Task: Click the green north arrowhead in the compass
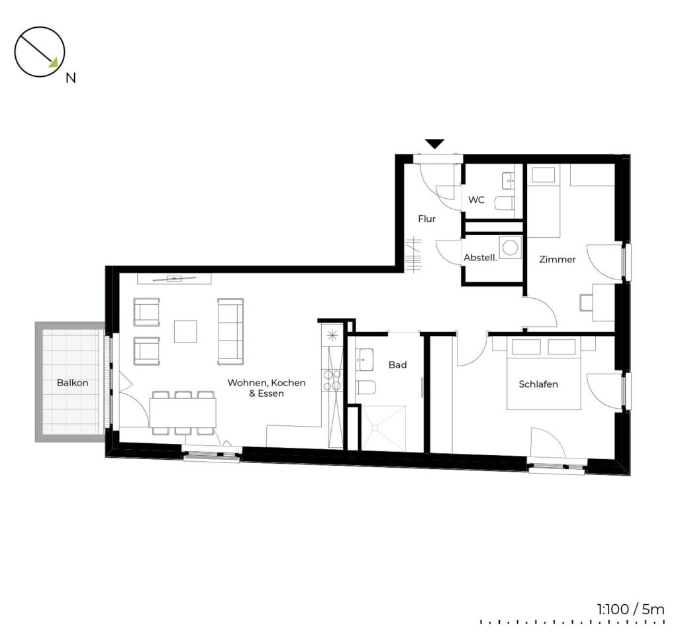(53, 63)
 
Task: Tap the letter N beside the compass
(70, 78)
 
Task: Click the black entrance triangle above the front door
(434, 144)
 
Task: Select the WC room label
(476, 200)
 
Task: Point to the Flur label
(426, 219)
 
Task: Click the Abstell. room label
(480, 258)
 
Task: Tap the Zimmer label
(557, 259)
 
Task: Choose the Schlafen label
(538, 384)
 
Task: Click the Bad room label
(397, 365)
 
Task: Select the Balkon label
(72, 383)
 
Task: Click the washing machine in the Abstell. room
(510, 248)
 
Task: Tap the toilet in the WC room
(504, 203)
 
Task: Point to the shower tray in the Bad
(383, 428)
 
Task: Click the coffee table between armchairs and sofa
(185, 331)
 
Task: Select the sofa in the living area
(230, 331)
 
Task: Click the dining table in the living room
(183, 412)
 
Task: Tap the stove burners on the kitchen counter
(332, 380)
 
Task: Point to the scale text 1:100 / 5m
(630, 609)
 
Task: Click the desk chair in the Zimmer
(586, 302)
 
